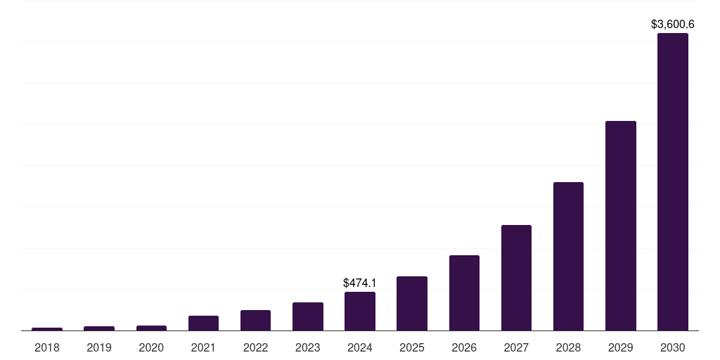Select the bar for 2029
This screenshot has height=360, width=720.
(x=620, y=226)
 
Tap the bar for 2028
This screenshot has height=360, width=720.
(x=568, y=256)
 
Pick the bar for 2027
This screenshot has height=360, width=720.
(x=516, y=278)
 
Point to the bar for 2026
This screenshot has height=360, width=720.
(x=464, y=292)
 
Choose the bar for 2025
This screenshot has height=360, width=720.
(x=412, y=303)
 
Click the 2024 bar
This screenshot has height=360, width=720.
(x=360, y=311)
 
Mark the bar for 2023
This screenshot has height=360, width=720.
(x=308, y=316)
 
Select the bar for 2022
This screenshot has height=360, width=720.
(x=255, y=320)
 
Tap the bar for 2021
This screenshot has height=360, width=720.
(x=203, y=323)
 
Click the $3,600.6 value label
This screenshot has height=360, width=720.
(x=672, y=25)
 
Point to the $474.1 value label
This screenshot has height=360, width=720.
(x=360, y=283)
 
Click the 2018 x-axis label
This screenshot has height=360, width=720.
(x=47, y=347)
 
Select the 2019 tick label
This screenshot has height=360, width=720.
(x=99, y=347)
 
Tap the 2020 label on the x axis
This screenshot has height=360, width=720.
(x=151, y=347)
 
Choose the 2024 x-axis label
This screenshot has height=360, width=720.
(x=360, y=347)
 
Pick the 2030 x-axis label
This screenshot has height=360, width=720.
(x=672, y=347)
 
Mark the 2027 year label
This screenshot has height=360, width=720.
(x=516, y=347)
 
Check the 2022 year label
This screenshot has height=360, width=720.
(x=255, y=347)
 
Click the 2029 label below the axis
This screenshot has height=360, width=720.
(x=620, y=347)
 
